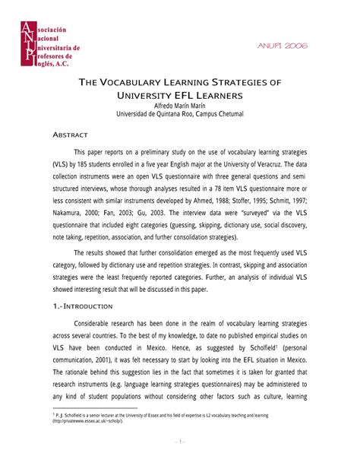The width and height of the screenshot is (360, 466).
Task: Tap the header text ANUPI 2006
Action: point(283,46)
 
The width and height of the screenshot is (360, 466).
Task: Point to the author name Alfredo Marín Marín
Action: point(179,106)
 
